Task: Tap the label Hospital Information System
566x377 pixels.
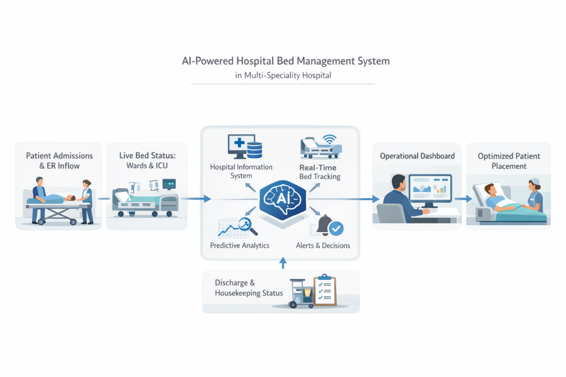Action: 241,171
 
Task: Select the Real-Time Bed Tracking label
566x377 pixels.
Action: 318,172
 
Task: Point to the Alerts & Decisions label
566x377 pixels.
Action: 323,245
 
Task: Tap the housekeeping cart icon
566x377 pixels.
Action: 300,294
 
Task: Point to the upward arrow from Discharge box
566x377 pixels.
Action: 282,263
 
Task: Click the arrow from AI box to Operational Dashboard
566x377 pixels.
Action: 367,199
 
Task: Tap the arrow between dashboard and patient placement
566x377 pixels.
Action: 464,199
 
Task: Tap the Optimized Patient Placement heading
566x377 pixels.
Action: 509,161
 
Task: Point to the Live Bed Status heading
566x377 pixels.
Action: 146,161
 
